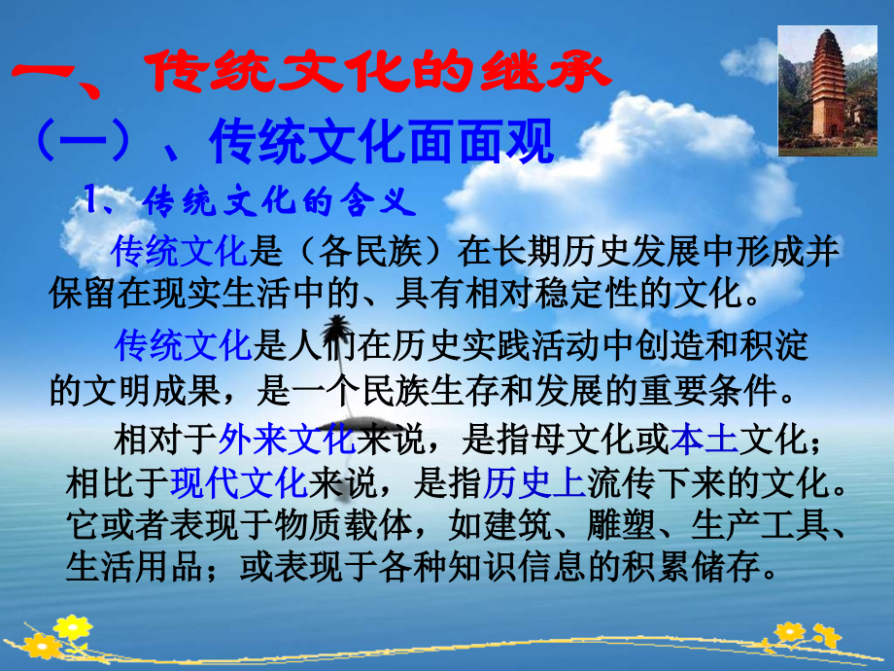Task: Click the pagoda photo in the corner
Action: (827, 90)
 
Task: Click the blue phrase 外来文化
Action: (287, 440)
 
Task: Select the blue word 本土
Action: (705, 440)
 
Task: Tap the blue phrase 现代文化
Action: (239, 482)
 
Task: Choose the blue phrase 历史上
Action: (534, 482)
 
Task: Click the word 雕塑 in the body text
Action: (622, 525)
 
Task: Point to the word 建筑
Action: (518, 525)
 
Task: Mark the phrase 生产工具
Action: (760, 525)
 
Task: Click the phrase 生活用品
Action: (134, 567)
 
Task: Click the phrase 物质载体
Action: (343, 525)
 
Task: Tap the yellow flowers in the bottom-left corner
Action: (56, 637)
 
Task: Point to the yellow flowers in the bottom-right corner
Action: (805, 637)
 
